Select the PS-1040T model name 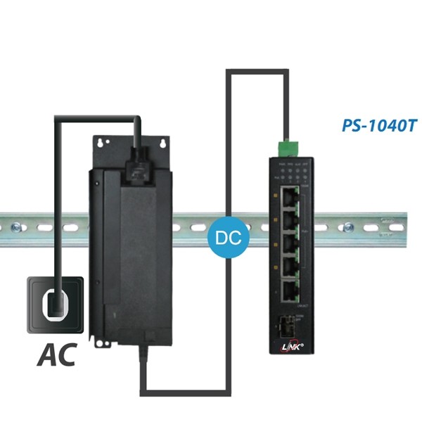click(380, 126)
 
